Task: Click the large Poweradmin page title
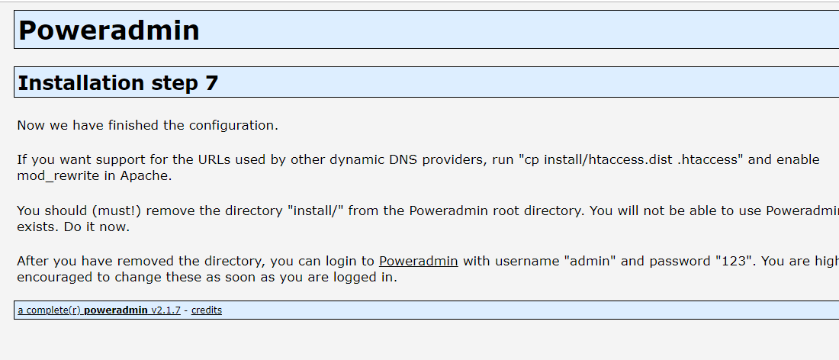point(108,31)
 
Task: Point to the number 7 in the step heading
point(211,82)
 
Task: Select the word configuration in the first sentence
point(233,125)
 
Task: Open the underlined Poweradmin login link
point(418,261)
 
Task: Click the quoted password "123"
point(734,261)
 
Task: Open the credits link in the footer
point(206,310)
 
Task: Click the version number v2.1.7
point(166,310)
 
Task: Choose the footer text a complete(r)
point(49,310)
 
